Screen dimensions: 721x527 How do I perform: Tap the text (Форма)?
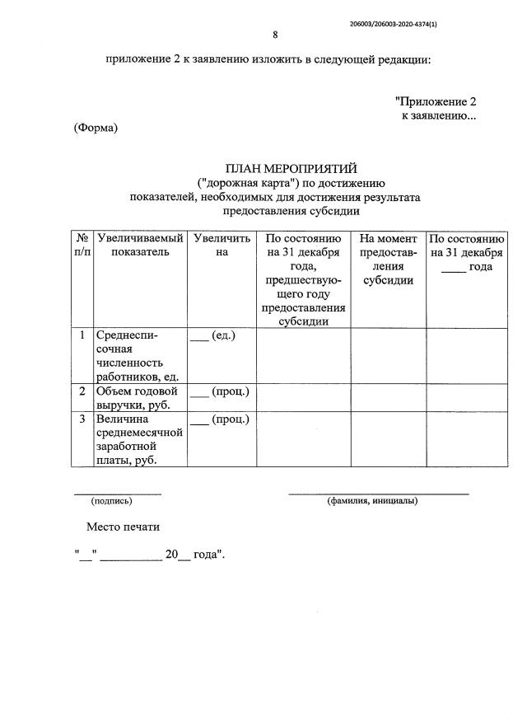pos(96,128)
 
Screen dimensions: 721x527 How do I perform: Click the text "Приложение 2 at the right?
pos(436,102)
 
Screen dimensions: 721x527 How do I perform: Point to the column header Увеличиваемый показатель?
pos(139,245)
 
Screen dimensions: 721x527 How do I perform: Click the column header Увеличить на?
pos(221,245)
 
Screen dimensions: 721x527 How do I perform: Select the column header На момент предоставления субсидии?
pos(388,259)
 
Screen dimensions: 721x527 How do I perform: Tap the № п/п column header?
pos(82,245)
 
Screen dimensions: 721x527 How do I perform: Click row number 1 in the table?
pos(82,335)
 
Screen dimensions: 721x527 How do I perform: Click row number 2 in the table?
pos(82,391)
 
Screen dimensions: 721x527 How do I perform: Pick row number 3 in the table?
pos(82,419)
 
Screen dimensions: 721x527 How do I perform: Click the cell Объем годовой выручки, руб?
pos(138,398)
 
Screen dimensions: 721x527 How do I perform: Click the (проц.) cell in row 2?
pos(219,391)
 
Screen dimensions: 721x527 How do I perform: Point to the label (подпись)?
pos(111,500)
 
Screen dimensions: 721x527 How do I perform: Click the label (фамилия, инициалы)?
pos(372,500)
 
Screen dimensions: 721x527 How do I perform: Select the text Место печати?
pos(123,527)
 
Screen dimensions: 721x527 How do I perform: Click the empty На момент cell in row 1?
pos(388,355)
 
